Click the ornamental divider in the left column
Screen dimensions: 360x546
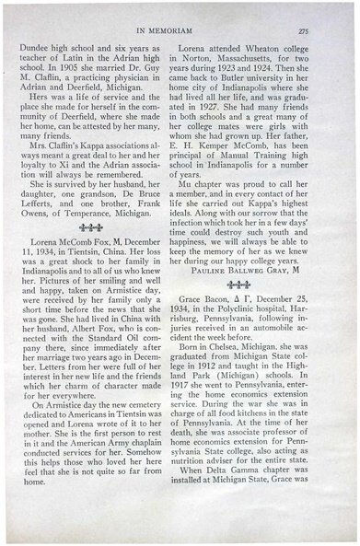pos(89,228)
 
